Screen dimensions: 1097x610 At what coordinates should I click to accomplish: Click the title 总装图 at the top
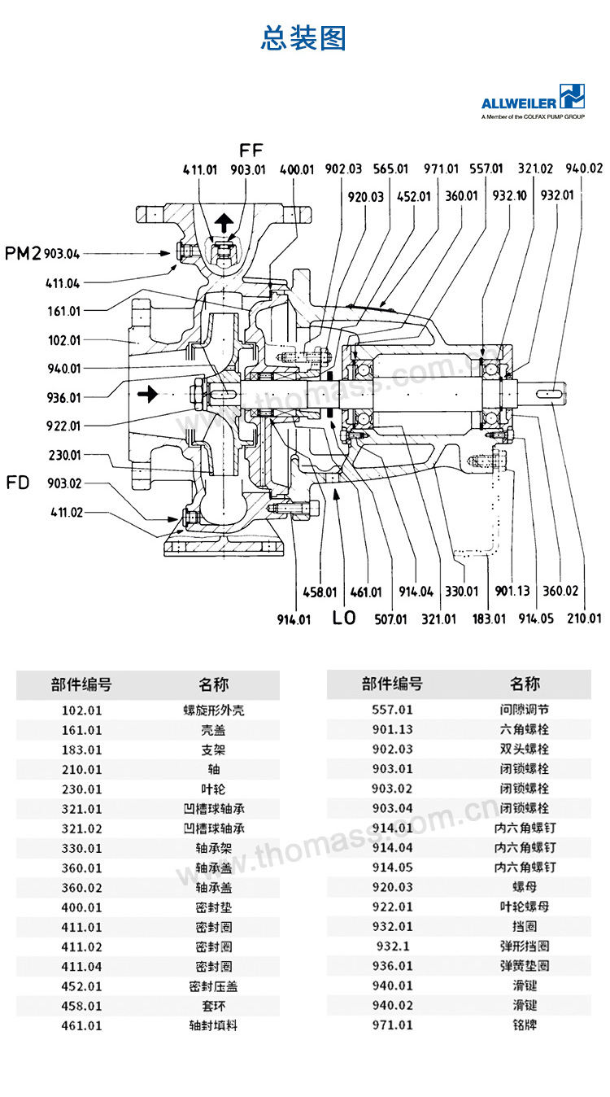pyautogui.click(x=303, y=38)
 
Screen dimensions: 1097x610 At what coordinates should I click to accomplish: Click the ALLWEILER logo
pyautogui.click(x=533, y=102)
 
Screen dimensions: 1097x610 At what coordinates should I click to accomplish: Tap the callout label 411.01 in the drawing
pyautogui.click(x=200, y=169)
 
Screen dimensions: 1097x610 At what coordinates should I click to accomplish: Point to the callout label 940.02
pyautogui.click(x=584, y=168)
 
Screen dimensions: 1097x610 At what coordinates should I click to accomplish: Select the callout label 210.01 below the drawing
pyautogui.click(x=583, y=618)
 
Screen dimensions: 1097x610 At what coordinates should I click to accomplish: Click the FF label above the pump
pyautogui.click(x=251, y=150)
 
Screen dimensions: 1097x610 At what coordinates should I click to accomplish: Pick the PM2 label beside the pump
pyautogui.click(x=23, y=253)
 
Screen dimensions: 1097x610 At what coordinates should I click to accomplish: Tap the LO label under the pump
pyautogui.click(x=344, y=618)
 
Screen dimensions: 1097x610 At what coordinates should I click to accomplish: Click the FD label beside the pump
pyautogui.click(x=18, y=483)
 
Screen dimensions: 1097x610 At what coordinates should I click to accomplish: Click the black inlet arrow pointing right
pyautogui.click(x=146, y=395)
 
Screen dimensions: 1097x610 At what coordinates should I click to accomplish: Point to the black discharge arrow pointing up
pyautogui.click(x=224, y=221)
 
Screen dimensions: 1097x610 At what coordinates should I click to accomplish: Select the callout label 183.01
pyautogui.click(x=489, y=619)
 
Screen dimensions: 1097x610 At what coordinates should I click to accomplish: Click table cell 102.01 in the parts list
pyautogui.click(x=82, y=710)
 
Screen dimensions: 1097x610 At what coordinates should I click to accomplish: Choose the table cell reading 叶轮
pyautogui.click(x=212, y=789)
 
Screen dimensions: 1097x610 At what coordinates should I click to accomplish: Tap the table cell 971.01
pyautogui.click(x=393, y=1025)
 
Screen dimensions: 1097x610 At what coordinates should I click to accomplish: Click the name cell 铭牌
pyautogui.click(x=525, y=1025)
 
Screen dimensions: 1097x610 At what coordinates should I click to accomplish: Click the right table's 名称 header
pyautogui.click(x=525, y=684)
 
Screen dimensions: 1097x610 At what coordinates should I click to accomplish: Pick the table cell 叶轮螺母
pyautogui.click(x=525, y=907)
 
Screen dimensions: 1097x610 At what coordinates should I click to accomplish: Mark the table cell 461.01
pyautogui.click(x=82, y=1025)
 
